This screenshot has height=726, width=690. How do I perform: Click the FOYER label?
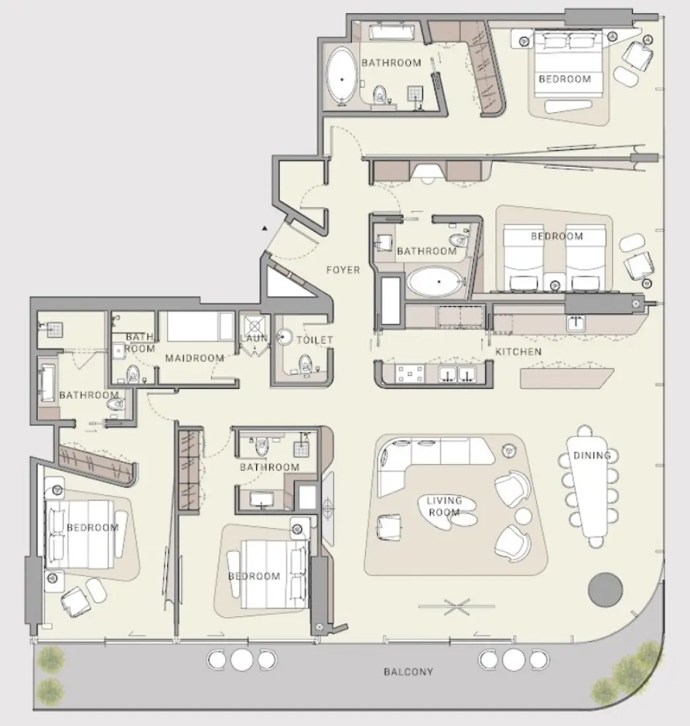[x=343, y=269]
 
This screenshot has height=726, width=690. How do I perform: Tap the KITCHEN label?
[x=518, y=352]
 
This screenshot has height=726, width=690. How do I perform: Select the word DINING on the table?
[x=592, y=455]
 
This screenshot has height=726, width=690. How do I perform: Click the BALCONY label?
[x=409, y=672]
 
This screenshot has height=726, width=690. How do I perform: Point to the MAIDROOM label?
[x=195, y=358]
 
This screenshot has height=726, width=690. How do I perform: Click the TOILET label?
[x=315, y=340]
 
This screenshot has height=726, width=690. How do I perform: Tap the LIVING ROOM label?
[x=444, y=506]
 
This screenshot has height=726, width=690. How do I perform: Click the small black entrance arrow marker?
[x=264, y=228]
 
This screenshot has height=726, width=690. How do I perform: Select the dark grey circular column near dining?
[x=605, y=589]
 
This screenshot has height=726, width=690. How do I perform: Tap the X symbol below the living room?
[x=456, y=606]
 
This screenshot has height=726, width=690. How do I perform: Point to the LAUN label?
[x=254, y=339]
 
